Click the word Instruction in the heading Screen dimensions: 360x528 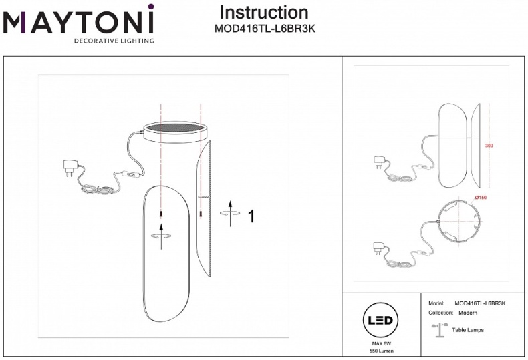(x=264, y=13)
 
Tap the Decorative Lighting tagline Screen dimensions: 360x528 (x=114, y=41)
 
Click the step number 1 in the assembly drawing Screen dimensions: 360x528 (x=251, y=216)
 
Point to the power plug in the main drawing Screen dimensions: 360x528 (x=69, y=165)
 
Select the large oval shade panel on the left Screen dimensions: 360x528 (x=162, y=254)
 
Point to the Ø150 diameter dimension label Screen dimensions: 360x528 (x=479, y=198)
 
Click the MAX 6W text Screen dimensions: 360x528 (x=380, y=343)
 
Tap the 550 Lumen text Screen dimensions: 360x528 (x=380, y=351)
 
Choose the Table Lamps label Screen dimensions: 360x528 (x=468, y=330)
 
